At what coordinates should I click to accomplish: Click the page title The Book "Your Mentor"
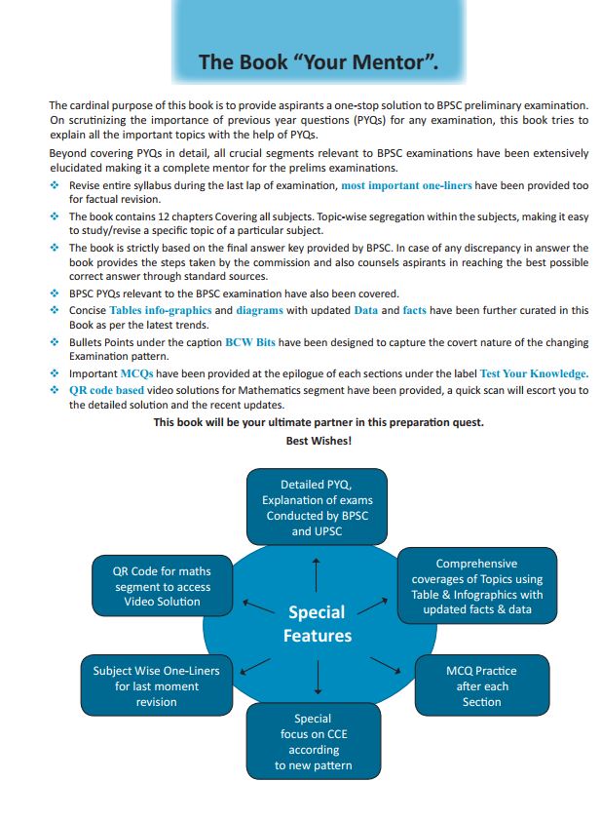(x=318, y=63)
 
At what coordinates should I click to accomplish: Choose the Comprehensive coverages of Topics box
(x=476, y=586)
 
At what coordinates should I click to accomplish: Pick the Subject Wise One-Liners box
(x=157, y=685)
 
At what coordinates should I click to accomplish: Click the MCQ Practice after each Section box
(x=481, y=685)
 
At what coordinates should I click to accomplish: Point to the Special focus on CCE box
(x=314, y=742)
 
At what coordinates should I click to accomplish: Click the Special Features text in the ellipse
(x=317, y=624)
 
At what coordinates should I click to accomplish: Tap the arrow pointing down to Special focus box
(x=318, y=677)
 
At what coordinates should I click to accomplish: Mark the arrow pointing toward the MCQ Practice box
(x=386, y=666)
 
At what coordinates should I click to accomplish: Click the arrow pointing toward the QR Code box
(x=257, y=606)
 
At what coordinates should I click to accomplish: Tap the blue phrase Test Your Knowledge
(x=533, y=373)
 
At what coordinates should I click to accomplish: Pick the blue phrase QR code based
(x=105, y=389)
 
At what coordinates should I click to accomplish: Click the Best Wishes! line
(x=318, y=441)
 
